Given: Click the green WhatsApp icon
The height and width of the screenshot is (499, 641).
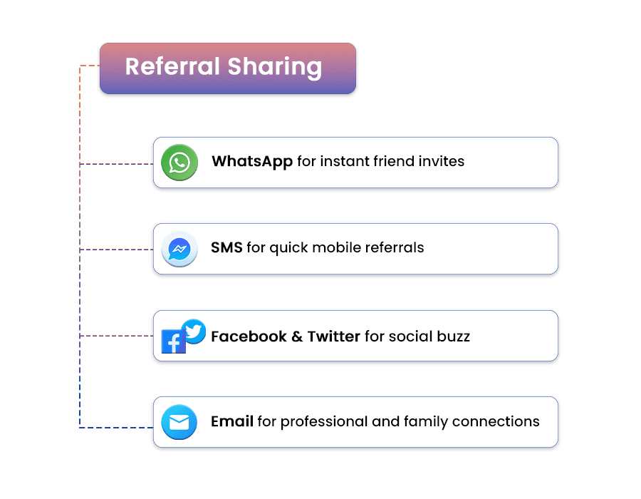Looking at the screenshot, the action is pos(179,163).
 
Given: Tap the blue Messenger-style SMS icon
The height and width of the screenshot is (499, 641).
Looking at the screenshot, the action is pos(179,249).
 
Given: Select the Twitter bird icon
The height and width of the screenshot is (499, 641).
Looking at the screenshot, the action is pos(193,331).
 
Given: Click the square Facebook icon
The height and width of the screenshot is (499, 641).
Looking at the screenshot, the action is pos(174,341).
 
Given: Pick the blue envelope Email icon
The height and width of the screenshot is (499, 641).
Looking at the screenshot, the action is pos(179,422).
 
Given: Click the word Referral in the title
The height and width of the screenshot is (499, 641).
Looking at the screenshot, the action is pos(172,66).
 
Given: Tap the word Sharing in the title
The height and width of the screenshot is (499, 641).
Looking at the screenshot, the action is pos(275,68).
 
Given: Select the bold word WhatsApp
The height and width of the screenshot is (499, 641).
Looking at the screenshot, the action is pos(252,162).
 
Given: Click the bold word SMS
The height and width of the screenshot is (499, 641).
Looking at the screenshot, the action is pos(227,247).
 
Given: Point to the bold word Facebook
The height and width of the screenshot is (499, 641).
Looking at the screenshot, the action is pos(249,336).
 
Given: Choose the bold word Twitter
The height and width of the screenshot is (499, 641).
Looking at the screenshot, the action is pos(333,336).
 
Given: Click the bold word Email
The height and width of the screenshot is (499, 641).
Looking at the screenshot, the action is pos(232,421).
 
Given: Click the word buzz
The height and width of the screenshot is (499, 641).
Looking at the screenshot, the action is pos(454,336).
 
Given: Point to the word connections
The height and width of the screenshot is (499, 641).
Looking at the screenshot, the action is pos(496,421).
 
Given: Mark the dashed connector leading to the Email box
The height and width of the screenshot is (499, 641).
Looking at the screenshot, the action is pos(117,428).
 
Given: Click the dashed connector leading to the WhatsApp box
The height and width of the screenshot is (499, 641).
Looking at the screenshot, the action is pos(117,164).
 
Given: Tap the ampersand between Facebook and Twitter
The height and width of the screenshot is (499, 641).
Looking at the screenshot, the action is pos(297,336).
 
